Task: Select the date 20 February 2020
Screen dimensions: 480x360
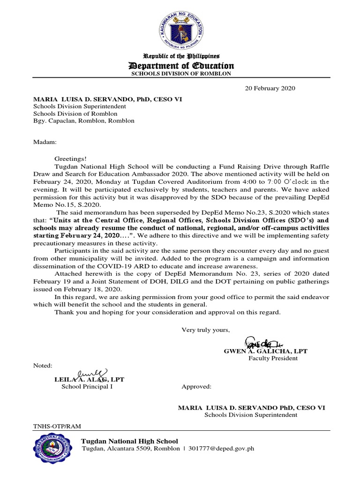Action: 270,88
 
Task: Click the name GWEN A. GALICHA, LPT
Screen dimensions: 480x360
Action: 265,351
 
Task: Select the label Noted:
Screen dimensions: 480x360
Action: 43,365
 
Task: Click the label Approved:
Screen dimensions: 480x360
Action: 196,387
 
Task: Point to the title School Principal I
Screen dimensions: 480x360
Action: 87,387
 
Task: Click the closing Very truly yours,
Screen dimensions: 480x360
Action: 206,330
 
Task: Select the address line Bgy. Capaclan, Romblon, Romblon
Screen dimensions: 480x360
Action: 83,120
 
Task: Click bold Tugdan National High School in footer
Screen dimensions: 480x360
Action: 130,441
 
